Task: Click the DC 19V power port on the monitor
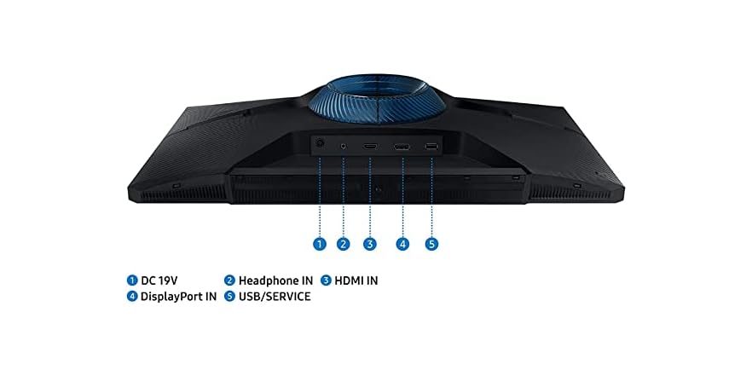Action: tap(320, 142)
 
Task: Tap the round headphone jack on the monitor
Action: tap(344, 145)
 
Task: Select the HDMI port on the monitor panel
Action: tap(370, 146)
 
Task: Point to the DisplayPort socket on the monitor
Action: tap(402, 147)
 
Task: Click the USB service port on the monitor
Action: tap(431, 147)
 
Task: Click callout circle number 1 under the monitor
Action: tap(320, 244)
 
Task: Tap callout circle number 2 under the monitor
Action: tap(343, 244)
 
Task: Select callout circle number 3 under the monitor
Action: tap(369, 244)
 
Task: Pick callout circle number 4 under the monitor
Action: tap(402, 244)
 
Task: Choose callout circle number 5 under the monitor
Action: tap(431, 244)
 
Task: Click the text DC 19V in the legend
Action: tap(159, 281)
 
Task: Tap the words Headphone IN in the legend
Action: tap(275, 281)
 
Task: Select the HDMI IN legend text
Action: tap(356, 281)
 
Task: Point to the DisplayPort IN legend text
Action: tap(178, 297)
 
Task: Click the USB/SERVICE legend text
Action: tap(275, 297)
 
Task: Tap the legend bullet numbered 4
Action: tap(132, 296)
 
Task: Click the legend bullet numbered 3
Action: tap(326, 280)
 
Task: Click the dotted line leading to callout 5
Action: tap(431, 197)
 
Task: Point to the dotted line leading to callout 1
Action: tap(320, 197)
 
